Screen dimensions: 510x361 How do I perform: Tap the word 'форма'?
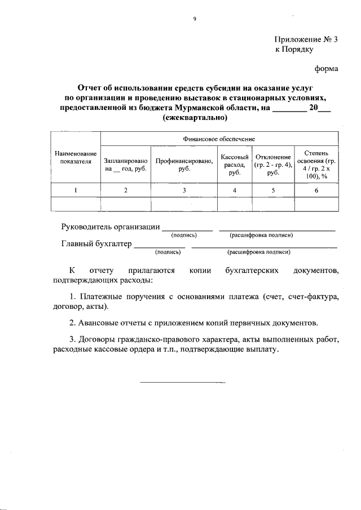[x=326, y=69]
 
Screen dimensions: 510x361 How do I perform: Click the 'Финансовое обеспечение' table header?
[x=219, y=138]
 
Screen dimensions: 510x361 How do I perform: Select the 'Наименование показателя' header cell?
[x=75, y=157]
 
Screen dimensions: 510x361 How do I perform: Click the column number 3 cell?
[x=184, y=190]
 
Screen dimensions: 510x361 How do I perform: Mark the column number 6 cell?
[x=316, y=190]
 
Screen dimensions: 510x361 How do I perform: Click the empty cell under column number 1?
[x=75, y=203]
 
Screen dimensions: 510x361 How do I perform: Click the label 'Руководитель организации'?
[x=109, y=227]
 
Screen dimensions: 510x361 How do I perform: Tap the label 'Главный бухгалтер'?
[x=96, y=245]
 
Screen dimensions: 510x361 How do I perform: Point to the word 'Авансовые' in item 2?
[x=99, y=323]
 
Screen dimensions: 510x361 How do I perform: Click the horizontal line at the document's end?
[x=182, y=383]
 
